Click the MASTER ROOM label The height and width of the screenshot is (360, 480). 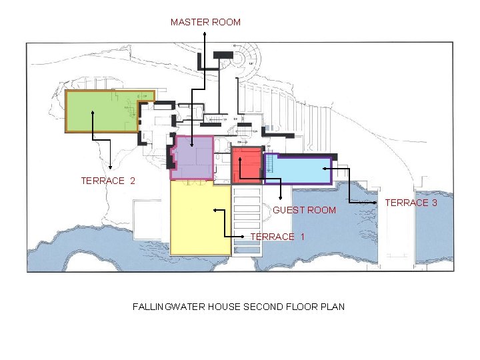[205, 22]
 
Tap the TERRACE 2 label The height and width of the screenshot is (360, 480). [108, 181]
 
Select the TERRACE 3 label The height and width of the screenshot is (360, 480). [411, 203]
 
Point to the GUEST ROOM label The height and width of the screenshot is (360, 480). [305, 210]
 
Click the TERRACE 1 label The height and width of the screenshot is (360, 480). [277, 237]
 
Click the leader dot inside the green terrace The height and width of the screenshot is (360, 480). [93, 112]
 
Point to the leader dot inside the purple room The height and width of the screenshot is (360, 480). [192, 145]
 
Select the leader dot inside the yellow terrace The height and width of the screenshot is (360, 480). [215, 211]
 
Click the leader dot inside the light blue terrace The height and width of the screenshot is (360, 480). [271, 169]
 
